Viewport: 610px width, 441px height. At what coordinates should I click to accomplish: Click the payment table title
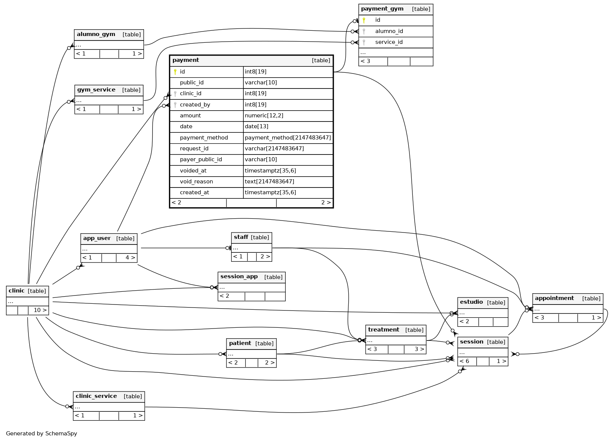point(186,60)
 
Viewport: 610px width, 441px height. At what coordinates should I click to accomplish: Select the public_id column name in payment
point(192,82)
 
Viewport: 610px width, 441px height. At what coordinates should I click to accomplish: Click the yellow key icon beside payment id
point(175,72)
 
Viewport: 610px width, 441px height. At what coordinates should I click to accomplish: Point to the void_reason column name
point(196,181)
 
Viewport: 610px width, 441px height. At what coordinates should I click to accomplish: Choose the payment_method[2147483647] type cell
point(288,138)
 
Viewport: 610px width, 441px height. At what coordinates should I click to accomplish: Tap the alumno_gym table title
point(96,34)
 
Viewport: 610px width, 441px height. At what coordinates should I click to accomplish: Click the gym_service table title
point(96,90)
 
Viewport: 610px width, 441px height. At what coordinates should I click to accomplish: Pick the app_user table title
point(97,238)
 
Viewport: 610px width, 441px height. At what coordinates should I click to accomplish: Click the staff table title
point(241,237)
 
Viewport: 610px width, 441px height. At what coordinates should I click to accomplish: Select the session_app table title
point(239,277)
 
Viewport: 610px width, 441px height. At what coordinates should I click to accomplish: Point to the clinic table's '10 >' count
point(40,310)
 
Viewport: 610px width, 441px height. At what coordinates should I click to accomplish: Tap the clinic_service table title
point(96,396)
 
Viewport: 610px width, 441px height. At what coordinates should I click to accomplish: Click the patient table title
point(240,343)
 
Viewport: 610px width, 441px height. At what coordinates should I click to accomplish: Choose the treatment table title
point(384,330)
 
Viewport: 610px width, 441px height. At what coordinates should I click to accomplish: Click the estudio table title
point(471,302)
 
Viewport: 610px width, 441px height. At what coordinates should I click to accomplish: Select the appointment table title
point(554,298)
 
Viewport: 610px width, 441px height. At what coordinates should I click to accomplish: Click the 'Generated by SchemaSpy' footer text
point(41,433)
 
